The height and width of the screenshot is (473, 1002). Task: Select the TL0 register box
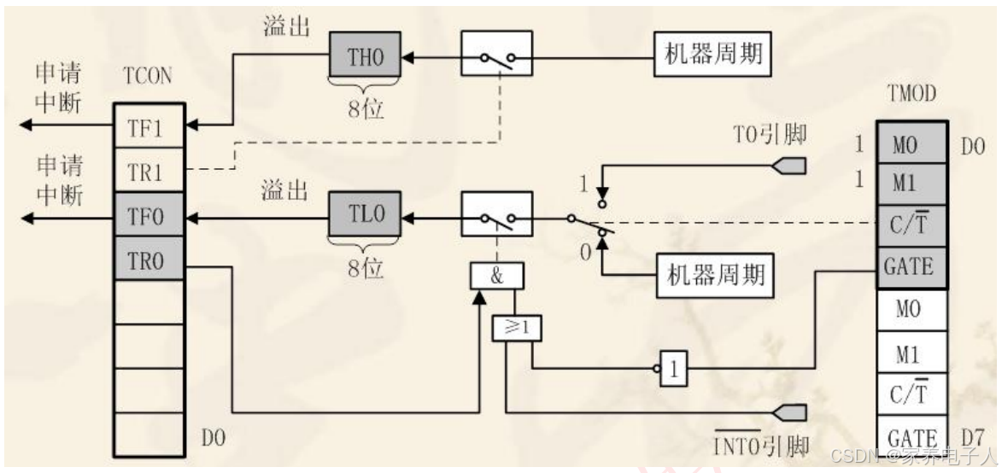(x=366, y=217)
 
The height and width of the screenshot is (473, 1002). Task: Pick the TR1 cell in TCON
(x=150, y=172)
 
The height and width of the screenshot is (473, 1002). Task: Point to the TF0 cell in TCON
(x=150, y=217)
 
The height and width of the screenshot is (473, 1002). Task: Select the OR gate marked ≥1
(x=517, y=327)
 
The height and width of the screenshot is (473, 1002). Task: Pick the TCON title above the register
(x=149, y=77)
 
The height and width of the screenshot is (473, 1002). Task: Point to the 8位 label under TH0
(x=365, y=109)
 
